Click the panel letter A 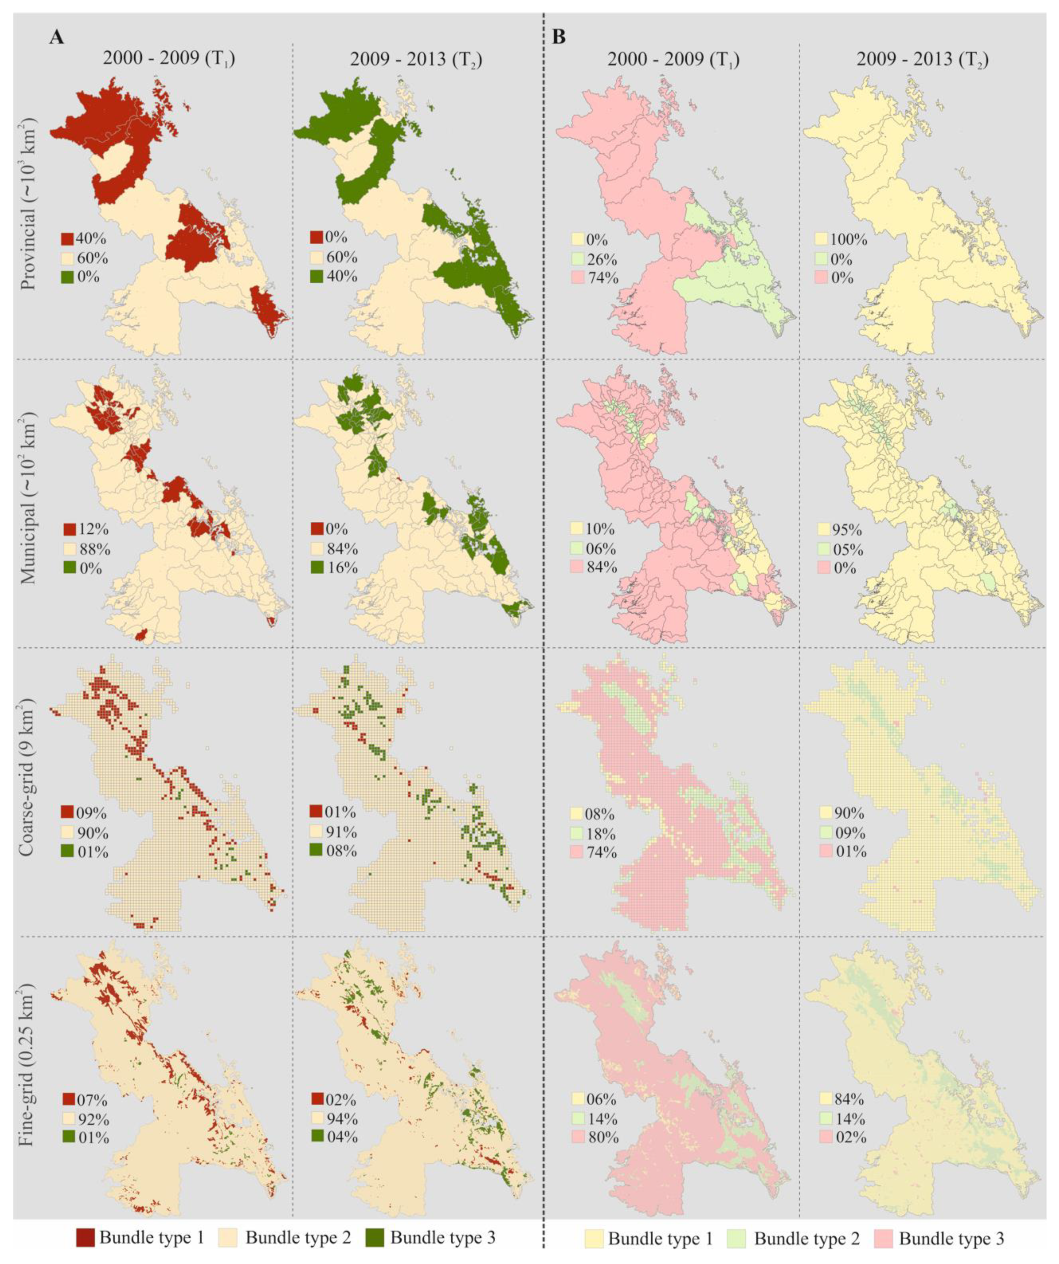(57, 37)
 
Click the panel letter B (559, 37)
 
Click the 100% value (849, 240)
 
